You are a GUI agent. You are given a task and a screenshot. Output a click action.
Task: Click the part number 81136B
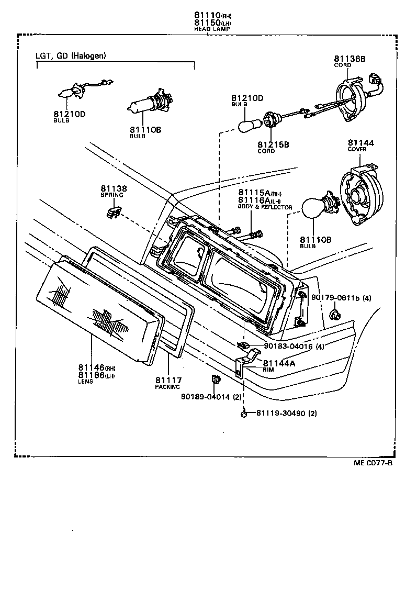click(350, 59)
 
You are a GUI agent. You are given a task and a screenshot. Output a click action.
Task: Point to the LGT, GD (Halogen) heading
click(71, 55)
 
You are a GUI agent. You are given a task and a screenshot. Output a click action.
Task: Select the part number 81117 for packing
click(167, 380)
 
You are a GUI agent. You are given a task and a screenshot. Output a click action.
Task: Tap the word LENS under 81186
click(85, 382)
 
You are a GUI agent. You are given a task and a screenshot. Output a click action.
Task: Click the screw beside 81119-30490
click(244, 414)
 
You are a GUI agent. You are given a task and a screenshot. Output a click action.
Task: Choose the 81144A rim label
click(279, 363)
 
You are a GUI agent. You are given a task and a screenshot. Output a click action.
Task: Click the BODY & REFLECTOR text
click(265, 207)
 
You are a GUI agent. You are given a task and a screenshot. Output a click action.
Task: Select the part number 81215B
click(273, 144)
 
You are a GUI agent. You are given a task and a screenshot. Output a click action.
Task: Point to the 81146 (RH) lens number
click(92, 367)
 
